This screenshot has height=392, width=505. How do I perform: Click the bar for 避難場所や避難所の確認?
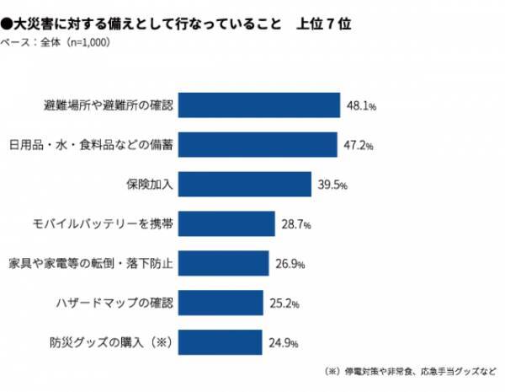[x=259, y=105]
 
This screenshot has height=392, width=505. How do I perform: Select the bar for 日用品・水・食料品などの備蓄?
[x=258, y=145]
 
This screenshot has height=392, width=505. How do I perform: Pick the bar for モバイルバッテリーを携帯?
[x=227, y=224]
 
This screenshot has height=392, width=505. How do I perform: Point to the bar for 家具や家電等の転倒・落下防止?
[x=224, y=264]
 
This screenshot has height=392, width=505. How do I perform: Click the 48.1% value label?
[x=361, y=107]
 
